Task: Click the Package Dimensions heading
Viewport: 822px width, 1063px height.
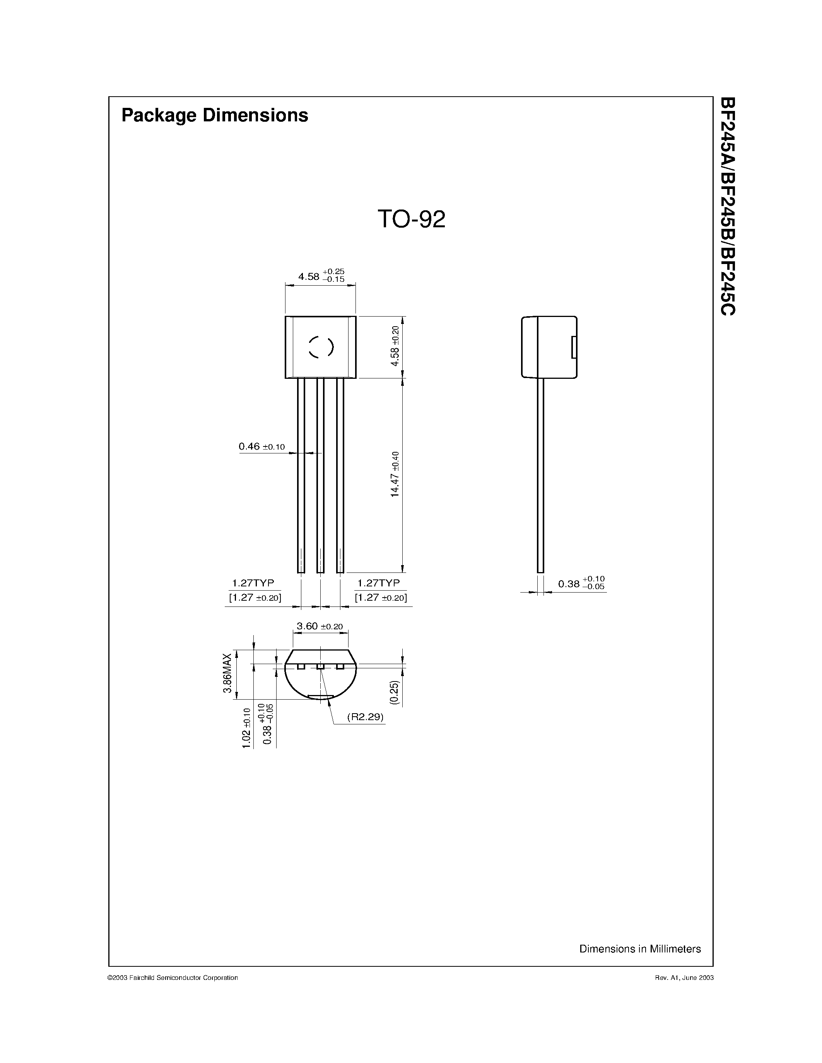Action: tap(214, 115)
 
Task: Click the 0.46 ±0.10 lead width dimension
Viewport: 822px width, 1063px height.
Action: tap(261, 446)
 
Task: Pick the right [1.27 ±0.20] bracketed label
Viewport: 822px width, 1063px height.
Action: tap(381, 597)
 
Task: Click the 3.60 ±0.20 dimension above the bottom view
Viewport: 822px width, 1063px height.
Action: tap(320, 627)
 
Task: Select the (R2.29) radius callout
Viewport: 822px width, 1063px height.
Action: tap(365, 717)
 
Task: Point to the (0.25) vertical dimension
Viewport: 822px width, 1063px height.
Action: tap(395, 692)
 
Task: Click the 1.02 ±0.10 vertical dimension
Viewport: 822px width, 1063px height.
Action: tap(246, 728)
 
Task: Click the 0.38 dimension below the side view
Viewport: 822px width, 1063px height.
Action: tap(581, 584)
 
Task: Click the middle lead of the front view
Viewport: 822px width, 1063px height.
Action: tap(320, 475)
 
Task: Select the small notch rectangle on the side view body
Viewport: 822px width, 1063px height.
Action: tap(574, 347)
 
